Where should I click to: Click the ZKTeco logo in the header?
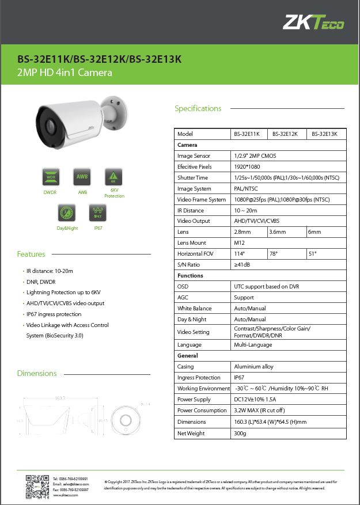(313, 22)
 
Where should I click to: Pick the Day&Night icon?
(66, 213)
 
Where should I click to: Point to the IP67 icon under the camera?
(98, 213)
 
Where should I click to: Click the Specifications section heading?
(198, 108)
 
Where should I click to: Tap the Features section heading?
(31, 254)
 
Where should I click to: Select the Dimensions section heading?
(37, 373)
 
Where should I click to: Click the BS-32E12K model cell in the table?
(285, 134)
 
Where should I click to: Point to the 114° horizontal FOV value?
(240, 254)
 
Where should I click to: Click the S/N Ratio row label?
(189, 265)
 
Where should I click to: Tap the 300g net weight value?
(240, 433)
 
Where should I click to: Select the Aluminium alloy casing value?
(253, 367)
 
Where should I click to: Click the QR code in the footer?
(37, 487)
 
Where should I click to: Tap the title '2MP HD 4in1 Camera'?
(65, 73)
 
